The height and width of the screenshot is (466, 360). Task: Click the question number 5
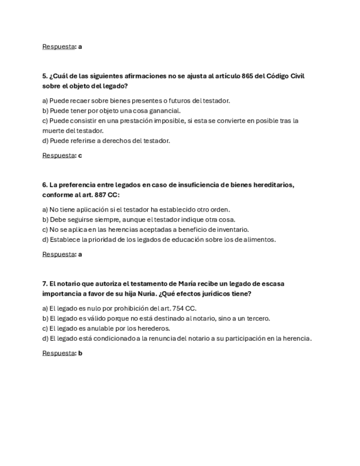pyautogui.click(x=45, y=76)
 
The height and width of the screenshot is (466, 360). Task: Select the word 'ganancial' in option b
pyautogui.click(x=164, y=110)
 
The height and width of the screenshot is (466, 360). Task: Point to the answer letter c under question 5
pyautogui.click(x=80, y=156)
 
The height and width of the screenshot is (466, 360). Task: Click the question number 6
pyautogui.click(x=45, y=185)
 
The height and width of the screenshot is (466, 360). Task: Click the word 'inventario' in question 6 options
pyautogui.click(x=234, y=229)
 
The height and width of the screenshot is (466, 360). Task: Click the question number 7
pyautogui.click(x=45, y=284)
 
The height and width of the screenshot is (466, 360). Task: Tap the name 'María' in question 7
pyautogui.click(x=187, y=284)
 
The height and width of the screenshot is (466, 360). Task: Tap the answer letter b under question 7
pyautogui.click(x=80, y=353)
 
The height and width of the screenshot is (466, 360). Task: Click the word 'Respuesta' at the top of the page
pyautogui.click(x=58, y=47)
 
